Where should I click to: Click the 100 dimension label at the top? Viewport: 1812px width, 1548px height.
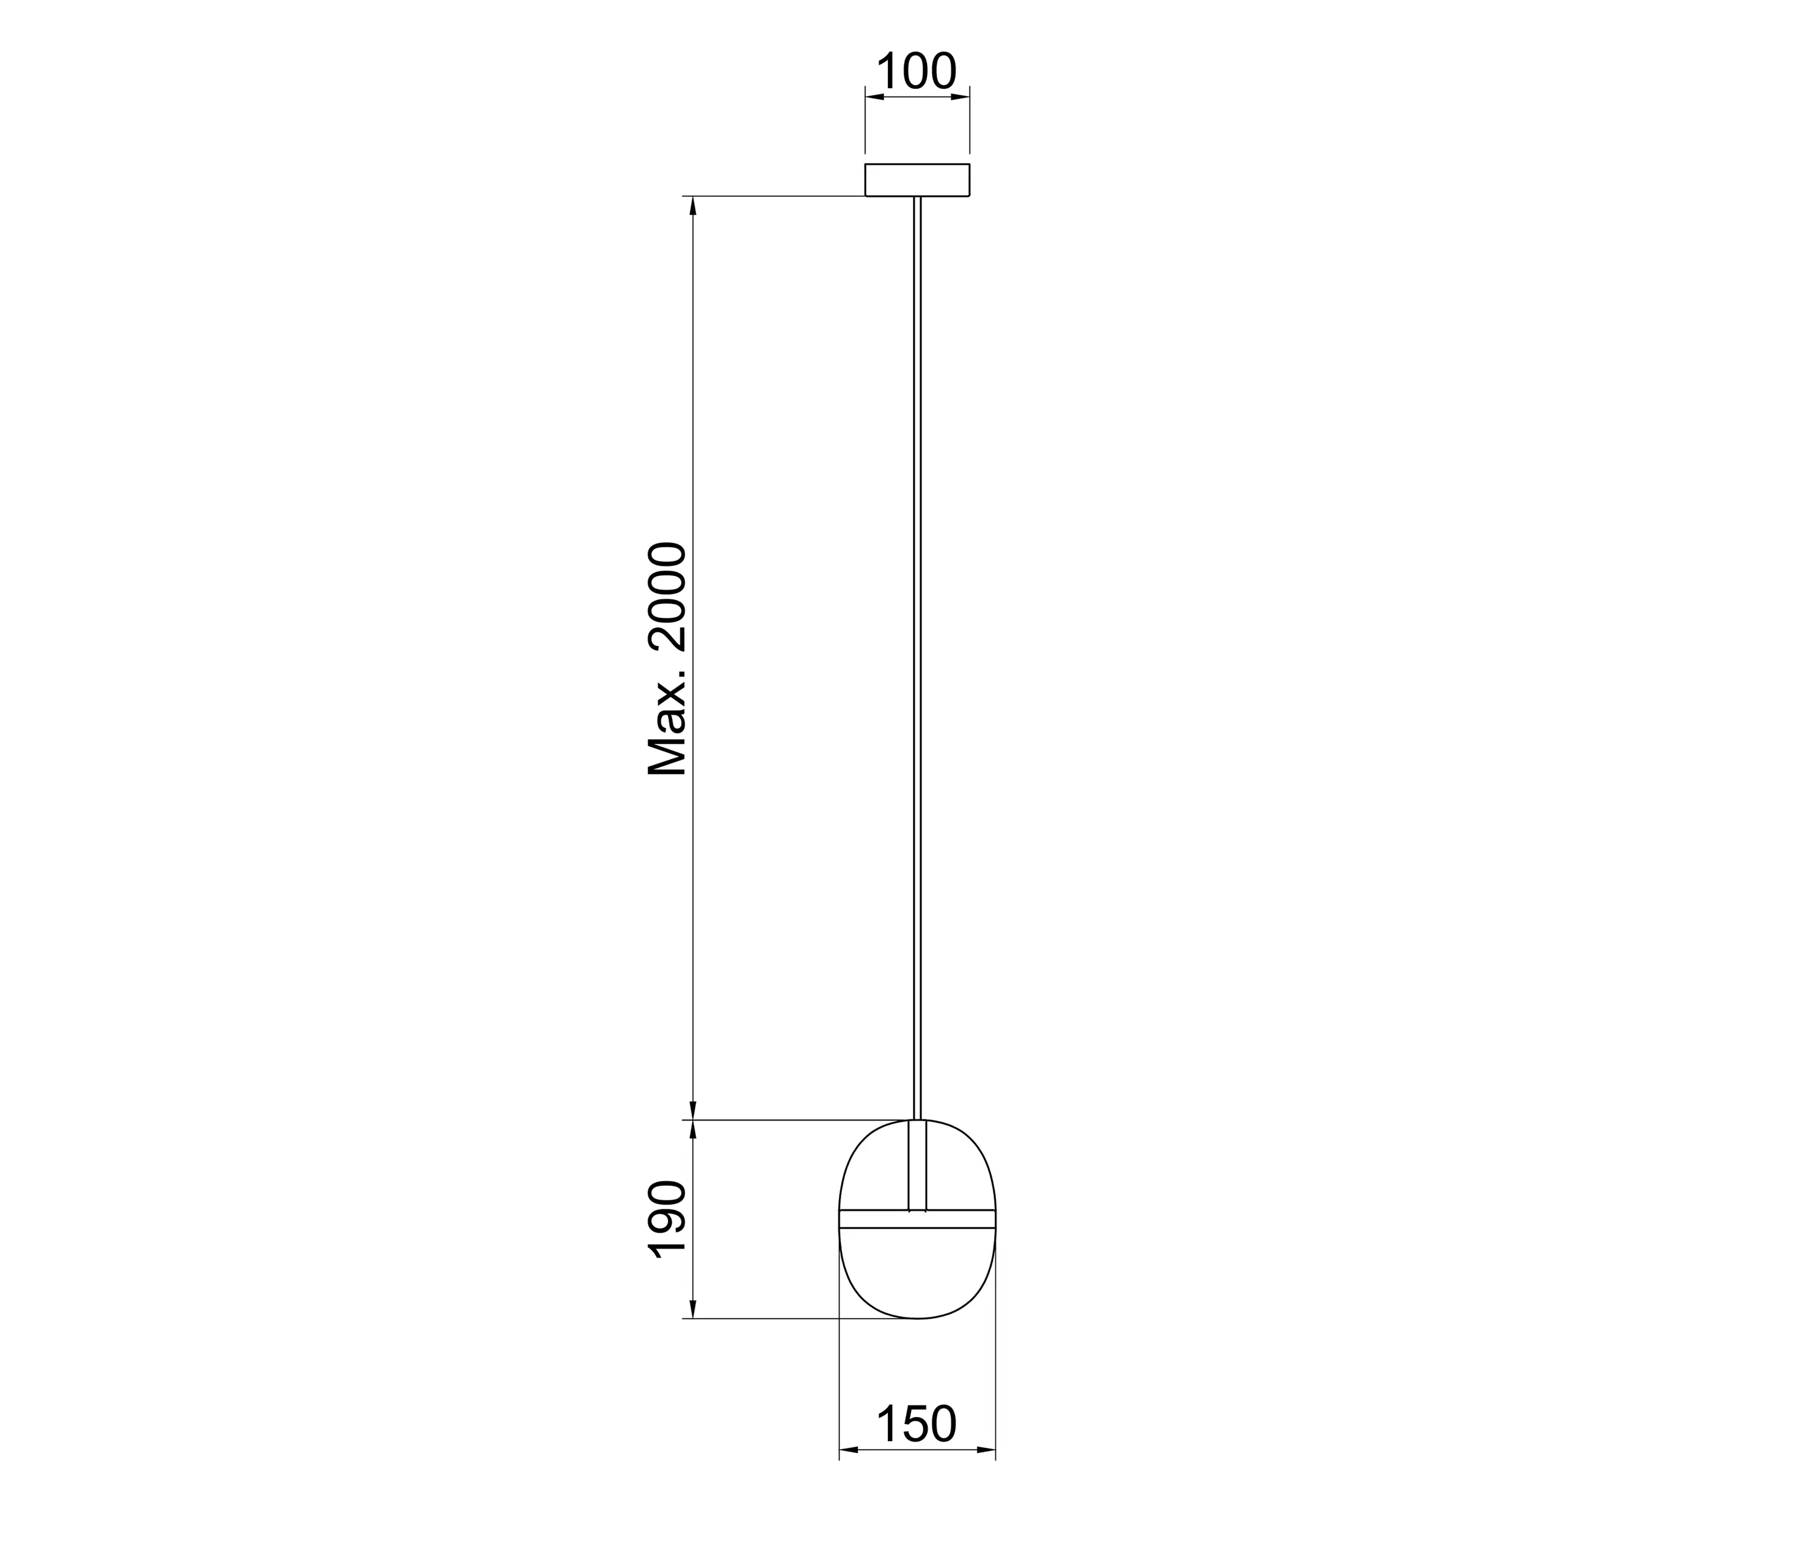pos(916,72)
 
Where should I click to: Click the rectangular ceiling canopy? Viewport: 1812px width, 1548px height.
pos(917,180)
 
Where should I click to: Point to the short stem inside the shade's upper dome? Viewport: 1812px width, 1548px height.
pos(917,1165)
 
